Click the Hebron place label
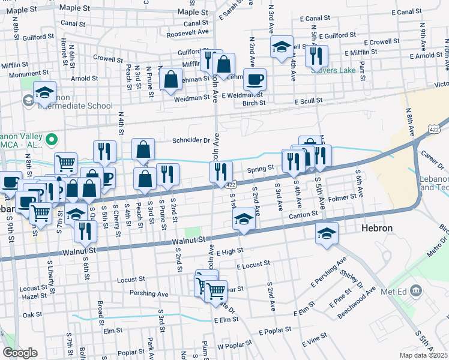point(376,229)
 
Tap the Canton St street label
point(303,214)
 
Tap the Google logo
point(20,353)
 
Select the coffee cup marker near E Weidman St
point(255,79)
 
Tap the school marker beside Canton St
point(244,220)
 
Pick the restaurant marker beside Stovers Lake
point(316,56)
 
